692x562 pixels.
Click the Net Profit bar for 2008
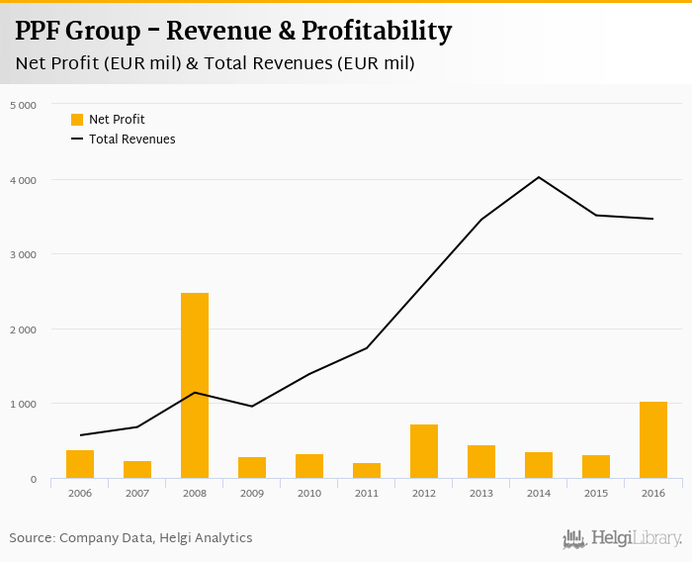point(195,386)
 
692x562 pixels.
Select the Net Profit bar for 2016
point(653,440)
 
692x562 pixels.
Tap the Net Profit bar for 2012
point(424,452)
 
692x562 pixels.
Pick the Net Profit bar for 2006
point(80,465)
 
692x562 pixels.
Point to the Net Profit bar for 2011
point(367,471)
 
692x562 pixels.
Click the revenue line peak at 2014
point(539,177)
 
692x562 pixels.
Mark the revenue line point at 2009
point(252,407)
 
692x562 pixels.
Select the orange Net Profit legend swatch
point(77,120)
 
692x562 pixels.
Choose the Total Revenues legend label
point(132,140)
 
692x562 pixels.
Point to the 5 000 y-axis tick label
point(23,105)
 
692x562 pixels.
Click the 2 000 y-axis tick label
point(23,329)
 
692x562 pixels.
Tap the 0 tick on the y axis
point(33,480)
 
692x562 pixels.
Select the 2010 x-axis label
point(309,492)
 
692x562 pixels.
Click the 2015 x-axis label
point(596,492)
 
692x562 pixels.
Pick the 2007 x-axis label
point(137,492)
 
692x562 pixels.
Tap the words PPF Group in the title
point(78,32)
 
